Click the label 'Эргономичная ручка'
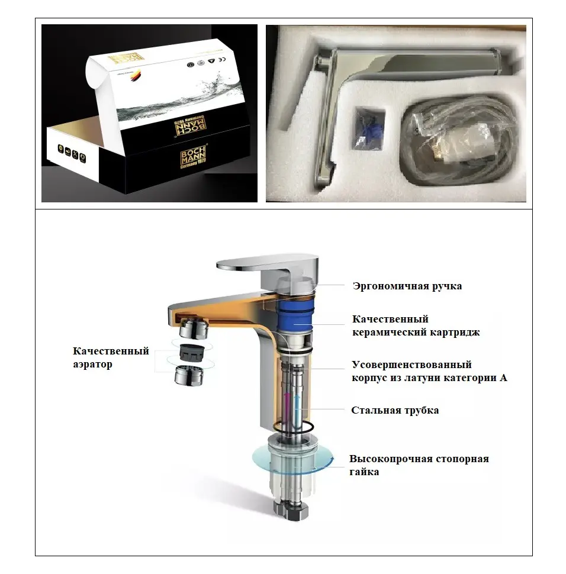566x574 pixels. click(x=407, y=286)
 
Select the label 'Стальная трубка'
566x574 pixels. click(x=395, y=410)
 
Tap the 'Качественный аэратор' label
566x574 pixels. click(x=111, y=358)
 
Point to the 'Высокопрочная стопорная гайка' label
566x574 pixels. click(x=419, y=465)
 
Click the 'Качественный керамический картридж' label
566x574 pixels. click(x=416, y=326)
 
